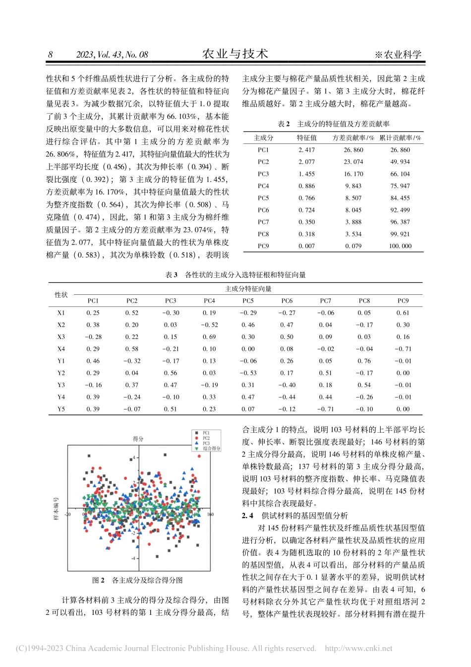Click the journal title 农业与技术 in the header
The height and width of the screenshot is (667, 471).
tap(235, 54)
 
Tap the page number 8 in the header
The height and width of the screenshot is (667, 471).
tap(50, 55)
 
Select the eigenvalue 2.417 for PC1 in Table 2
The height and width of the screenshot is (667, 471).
tap(306, 150)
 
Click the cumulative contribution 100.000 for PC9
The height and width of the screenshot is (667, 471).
tap(400, 246)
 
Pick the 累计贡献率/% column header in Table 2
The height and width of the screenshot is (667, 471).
tap(400, 138)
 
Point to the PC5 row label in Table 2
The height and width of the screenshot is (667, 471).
tap(263, 198)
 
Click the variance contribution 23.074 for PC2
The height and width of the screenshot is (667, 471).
tap(353, 162)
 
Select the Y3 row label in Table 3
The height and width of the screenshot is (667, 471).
tap(61, 385)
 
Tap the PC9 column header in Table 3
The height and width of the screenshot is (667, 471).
tap(403, 301)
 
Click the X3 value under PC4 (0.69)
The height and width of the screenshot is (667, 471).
tap(209, 337)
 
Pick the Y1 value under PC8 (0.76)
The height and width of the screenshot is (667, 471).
tap(364, 361)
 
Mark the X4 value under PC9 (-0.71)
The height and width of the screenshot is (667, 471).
tap(403, 349)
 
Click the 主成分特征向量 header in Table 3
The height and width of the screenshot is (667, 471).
tap(248, 289)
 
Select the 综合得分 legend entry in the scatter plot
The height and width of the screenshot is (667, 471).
tap(211, 448)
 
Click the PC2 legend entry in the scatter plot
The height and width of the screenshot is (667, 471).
tap(206, 438)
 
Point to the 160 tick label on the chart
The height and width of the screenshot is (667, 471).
tap(210, 514)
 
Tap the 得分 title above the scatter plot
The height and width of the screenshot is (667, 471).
tap(138, 439)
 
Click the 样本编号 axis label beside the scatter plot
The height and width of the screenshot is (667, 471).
tap(56, 508)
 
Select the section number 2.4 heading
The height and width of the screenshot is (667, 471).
tap(247, 516)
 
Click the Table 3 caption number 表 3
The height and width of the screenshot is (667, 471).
tap(171, 274)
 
